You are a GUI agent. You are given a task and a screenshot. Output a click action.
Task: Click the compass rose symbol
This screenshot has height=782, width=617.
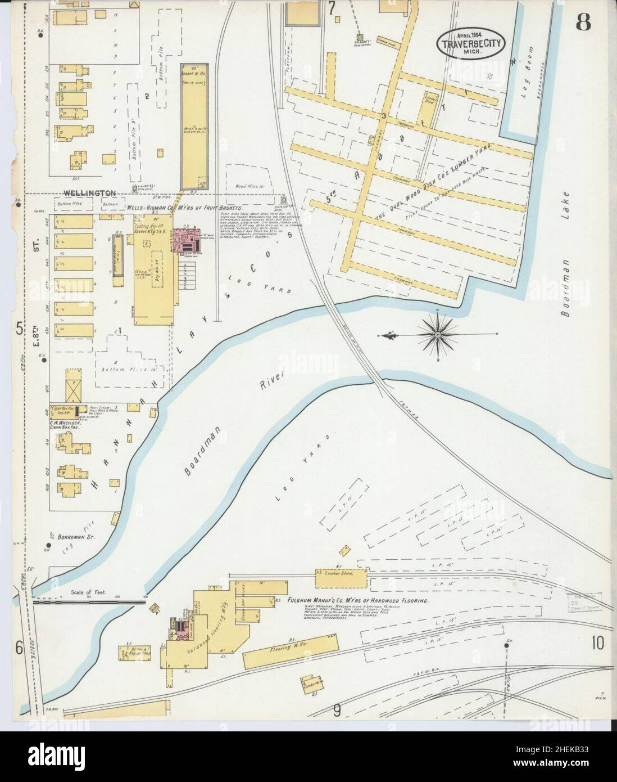pos(438,335)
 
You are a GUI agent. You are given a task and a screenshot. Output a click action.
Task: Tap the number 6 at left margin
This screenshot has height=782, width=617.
pos(19,649)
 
